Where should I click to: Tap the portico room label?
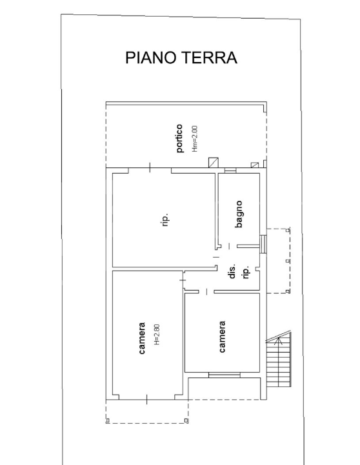click(x=180, y=140)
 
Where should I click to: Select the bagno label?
click(x=239, y=214)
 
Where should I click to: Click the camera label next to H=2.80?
click(x=142, y=339)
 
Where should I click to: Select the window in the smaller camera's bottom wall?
click(x=224, y=374)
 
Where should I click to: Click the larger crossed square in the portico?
click(x=213, y=163)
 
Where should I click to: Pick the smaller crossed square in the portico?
click(x=255, y=165)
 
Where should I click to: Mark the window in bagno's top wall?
click(x=230, y=170)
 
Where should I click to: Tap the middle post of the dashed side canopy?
click(x=288, y=261)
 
